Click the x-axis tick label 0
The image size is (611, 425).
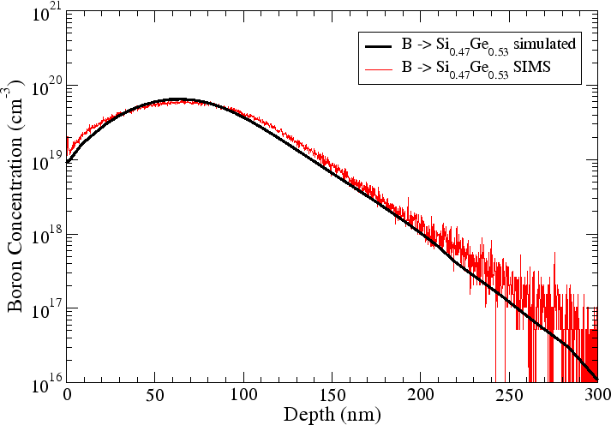click(x=67, y=397)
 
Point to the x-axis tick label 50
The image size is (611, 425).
click(x=155, y=397)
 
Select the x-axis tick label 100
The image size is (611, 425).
click(x=243, y=397)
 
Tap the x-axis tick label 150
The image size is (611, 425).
click(x=332, y=397)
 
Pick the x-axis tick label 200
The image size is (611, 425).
click(x=421, y=397)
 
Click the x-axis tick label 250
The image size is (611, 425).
click(x=509, y=397)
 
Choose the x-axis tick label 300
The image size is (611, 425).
click(x=597, y=397)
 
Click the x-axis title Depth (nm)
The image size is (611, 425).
click(x=332, y=414)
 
